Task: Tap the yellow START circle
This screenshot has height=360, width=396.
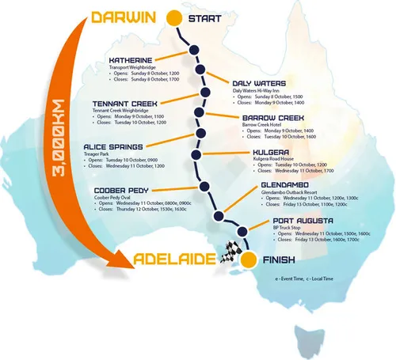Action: point(174,17)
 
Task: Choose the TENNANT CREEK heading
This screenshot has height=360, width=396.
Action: point(126,104)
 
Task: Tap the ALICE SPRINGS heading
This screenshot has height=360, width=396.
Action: point(118,147)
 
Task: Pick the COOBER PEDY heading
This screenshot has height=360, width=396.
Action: point(121,190)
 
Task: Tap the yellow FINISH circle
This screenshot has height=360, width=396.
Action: point(248,260)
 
